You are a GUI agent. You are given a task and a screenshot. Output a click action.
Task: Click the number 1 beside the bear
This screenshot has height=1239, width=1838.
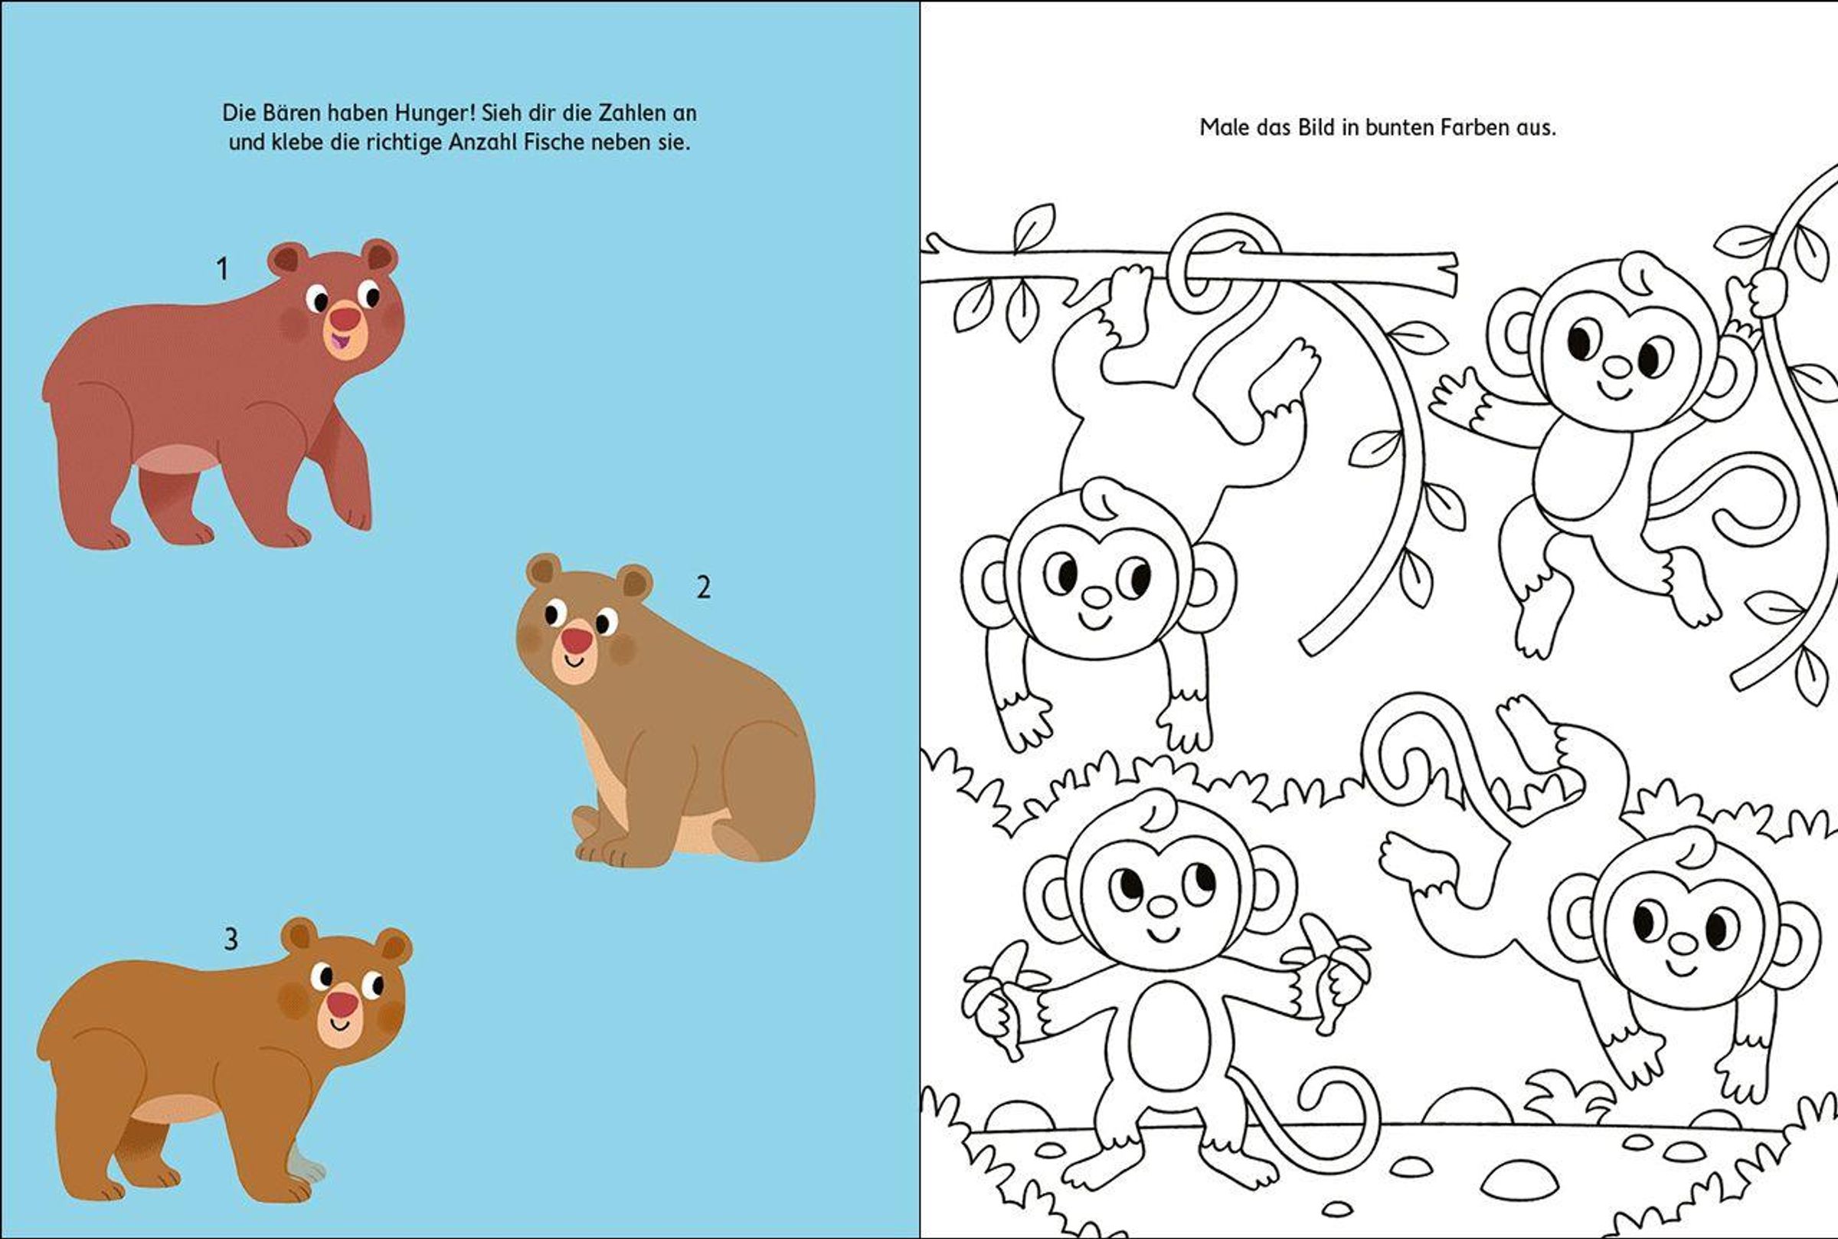pyautogui.click(x=222, y=269)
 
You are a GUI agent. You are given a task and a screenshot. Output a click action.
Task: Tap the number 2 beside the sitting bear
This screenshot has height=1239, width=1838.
pyautogui.click(x=703, y=587)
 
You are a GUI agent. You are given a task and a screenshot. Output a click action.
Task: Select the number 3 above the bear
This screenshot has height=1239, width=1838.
pyautogui.click(x=231, y=939)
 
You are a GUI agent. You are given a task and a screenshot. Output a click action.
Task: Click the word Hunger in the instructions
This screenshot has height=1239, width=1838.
pyautogui.click(x=432, y=113)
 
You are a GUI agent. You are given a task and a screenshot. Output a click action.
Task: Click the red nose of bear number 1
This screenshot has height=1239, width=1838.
pyautogui.click(x=345, y=318)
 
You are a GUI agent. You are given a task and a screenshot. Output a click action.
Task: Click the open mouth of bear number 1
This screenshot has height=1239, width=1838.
pyautogui.click(x=340, y=342)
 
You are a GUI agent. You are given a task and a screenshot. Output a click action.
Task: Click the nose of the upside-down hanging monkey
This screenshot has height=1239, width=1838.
pyautogui.click(x=1096, y=597)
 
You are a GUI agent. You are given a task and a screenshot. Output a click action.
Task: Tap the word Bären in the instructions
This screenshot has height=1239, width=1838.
pyautogui.click(x=287, y=113)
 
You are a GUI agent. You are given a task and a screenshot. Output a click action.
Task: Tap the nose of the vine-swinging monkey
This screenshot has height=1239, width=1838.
pyautogui.click(x=1617, y=367)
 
